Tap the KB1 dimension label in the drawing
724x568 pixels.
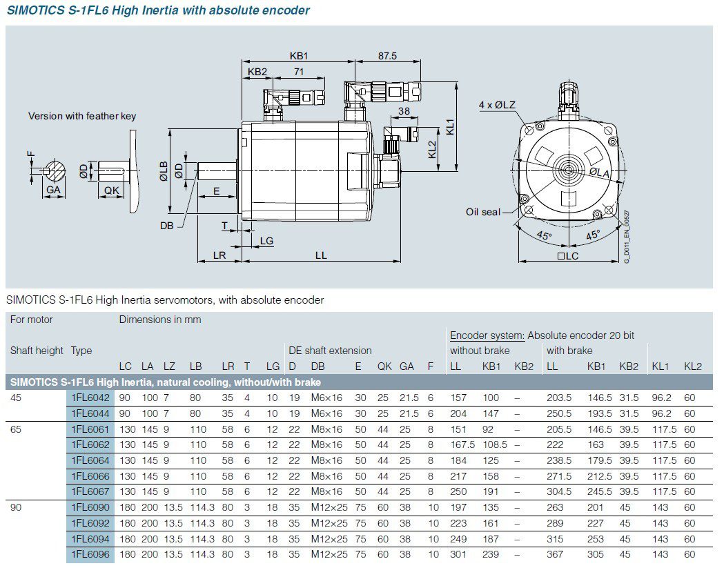click(298, 56)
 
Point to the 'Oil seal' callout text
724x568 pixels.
click(482, 212)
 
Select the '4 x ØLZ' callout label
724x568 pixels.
click(497, 105)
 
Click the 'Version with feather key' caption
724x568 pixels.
click(82, 116)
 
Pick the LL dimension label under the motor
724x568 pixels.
click(321, 255)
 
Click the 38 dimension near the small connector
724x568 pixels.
click(404, 111)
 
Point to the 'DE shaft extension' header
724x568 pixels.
click(330, 351)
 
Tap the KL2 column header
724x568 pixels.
click(692, 366)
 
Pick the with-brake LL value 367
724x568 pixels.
click(555, 554)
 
